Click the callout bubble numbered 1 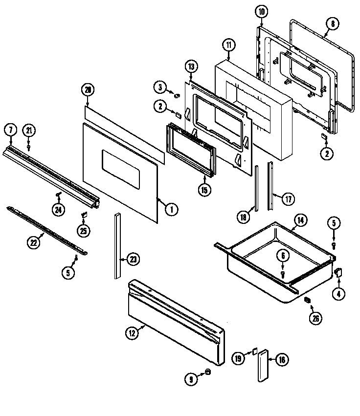coord(171,209)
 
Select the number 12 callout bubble coord(131,333)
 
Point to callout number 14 coord(300,220)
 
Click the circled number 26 coord(315,318)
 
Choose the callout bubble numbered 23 coord(133,260)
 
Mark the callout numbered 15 coord(205,190)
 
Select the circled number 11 coord(228,45)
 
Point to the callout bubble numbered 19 coord(238,359)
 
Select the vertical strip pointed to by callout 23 coord(117,247)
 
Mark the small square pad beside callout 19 coord(254,350)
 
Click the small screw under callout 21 coord(29,146)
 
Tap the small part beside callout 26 coord(308,300)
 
